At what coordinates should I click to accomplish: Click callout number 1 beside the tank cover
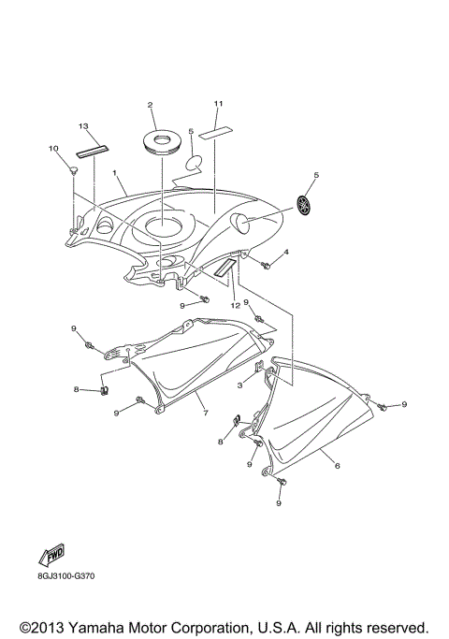[x=114, y=174]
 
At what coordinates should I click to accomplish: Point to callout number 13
[x=83, y=125]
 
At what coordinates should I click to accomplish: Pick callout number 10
[x=53, y=149]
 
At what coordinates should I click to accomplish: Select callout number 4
[x=286, y=253]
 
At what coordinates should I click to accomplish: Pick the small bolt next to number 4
[x=266, y=266]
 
